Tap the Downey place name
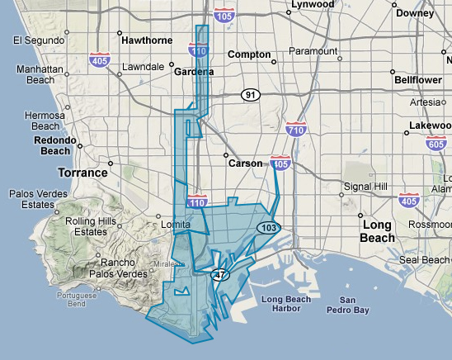click(x=415, y=13)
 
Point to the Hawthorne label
click(x=146, y=40)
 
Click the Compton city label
click(x=248, y=54)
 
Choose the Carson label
click(x=245, y=163)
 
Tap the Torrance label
click(x=82, y=173)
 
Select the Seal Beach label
click(x=425, y=259)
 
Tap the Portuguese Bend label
click(x=78, y=299)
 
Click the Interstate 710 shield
click(x=296, y=129)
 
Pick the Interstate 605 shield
click(x=437, y=144)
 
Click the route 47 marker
click(x=219, y=275)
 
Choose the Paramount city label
click(x=314, y=51)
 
